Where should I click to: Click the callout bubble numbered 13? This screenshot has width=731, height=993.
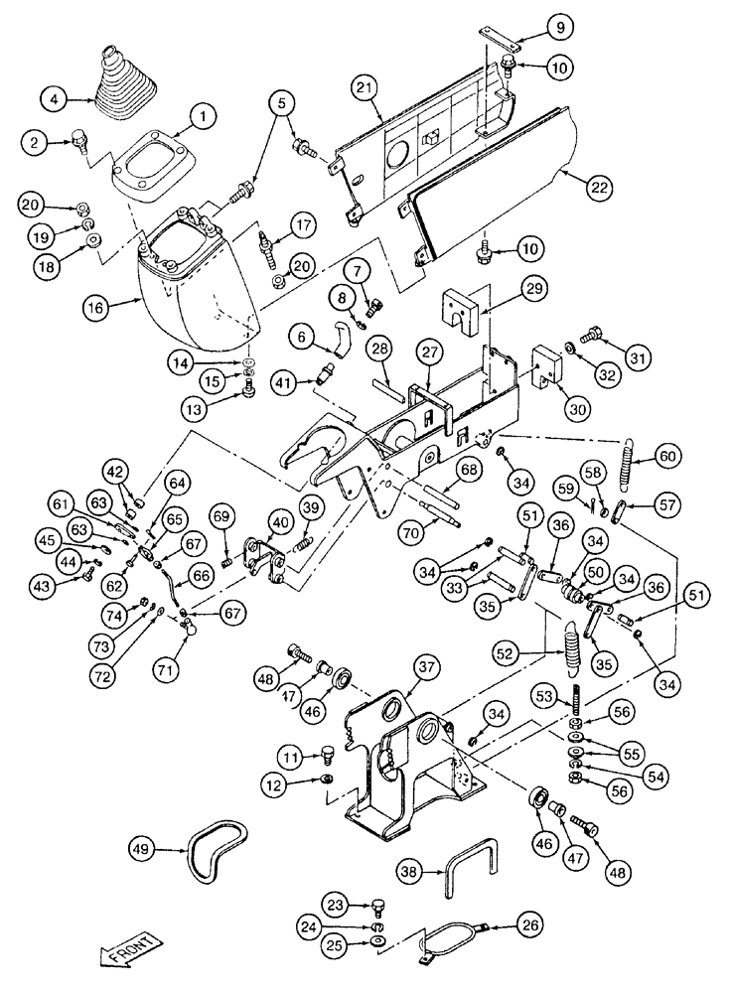(197, 406)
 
